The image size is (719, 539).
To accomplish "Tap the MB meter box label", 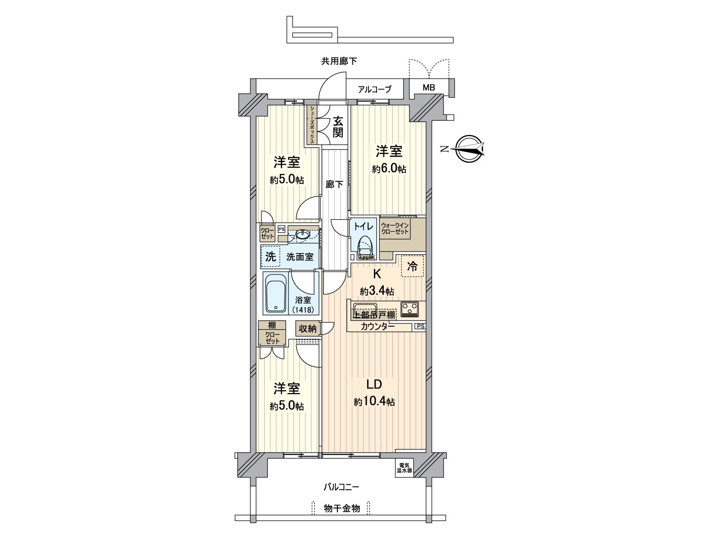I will coord(429,88).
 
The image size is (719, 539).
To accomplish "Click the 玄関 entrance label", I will coord(338,127).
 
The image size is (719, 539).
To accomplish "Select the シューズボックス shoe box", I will coord(311,125).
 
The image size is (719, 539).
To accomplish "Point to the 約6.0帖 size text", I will coord(389,169).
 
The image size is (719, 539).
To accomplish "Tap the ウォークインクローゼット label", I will coord(395,229).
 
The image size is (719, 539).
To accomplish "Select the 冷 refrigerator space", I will coord(412,266).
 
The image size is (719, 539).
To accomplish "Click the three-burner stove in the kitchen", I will coord(409,308).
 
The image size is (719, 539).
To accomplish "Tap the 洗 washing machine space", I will coord(270,257).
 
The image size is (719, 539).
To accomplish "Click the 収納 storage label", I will coord(307,329).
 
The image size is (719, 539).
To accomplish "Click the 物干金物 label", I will coord(342,508).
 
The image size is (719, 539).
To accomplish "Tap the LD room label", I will coord(373,384).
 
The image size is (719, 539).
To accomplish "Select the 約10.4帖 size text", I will coord(374,402).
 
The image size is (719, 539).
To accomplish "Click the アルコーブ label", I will coord(374,89).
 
